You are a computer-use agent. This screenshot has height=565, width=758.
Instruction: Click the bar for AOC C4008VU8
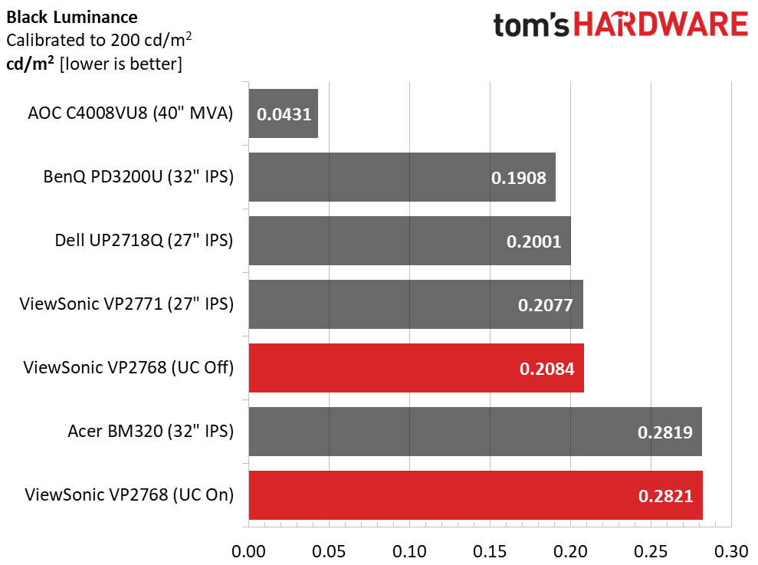coord(284,113)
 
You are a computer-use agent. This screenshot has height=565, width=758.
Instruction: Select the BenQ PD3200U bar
coord(402,177)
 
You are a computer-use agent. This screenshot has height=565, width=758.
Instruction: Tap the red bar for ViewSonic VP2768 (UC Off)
coord(416,368)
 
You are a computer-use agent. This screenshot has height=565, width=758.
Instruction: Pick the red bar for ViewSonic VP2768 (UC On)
coord(476,495)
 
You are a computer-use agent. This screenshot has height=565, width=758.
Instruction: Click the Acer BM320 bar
coord(475,432)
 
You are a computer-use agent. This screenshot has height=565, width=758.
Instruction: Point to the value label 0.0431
coord(284,115)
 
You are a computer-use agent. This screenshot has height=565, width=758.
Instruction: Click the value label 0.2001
coord(533,241)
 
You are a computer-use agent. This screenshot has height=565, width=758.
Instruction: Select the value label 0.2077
coord(545,305)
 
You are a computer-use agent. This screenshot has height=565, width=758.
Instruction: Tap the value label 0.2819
coord(664,432)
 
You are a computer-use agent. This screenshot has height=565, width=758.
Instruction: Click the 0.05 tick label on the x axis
coord(329,551)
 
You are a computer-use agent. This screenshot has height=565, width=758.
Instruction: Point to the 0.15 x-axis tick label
coord(490,551)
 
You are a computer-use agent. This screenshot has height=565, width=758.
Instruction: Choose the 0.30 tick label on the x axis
coord(731,551)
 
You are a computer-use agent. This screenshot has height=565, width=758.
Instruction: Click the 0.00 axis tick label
coord(248,551)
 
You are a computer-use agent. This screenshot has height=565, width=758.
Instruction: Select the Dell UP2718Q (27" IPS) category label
coord(144,241)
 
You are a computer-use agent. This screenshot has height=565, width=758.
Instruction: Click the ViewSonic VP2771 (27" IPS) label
coord(126,304)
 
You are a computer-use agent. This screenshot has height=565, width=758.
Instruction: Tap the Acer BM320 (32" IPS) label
coord(151,431)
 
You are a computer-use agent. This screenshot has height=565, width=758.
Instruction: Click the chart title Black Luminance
coord(72,18)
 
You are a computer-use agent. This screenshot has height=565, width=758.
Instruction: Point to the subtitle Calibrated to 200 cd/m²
coord(99,40)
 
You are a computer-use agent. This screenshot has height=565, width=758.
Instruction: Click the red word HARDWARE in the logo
coord(661,25)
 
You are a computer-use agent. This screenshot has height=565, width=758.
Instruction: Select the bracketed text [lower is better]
coord(121,64)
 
